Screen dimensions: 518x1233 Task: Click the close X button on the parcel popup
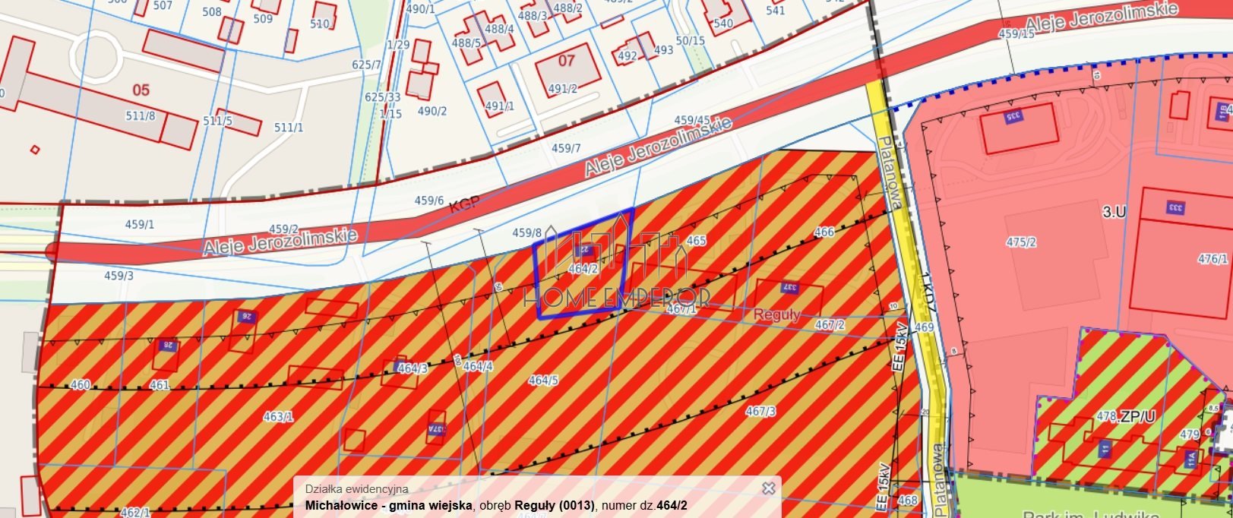768,488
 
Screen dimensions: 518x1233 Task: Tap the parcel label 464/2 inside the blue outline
583,268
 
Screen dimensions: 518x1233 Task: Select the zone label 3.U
1114,212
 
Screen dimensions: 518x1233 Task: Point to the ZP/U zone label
1137,416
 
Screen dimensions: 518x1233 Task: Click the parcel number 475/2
1021,242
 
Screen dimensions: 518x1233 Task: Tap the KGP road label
464,206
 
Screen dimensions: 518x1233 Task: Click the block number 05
141,90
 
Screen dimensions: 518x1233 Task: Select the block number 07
567,60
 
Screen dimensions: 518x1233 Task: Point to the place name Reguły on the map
776,314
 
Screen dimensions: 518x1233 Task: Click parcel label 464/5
543,380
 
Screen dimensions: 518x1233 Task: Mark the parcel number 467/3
760,411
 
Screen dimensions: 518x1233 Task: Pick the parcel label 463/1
278,416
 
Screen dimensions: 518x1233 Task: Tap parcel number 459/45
691,120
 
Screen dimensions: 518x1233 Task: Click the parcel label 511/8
140,115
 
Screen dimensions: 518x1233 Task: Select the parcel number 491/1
499,106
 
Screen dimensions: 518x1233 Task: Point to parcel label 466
824,232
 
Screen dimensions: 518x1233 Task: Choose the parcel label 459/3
119,276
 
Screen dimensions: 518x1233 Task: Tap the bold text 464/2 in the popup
672,505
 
